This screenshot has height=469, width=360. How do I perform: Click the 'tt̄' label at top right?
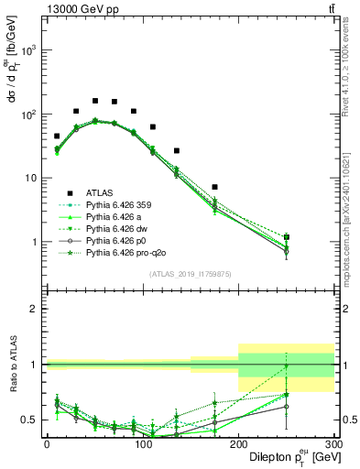[331, 8]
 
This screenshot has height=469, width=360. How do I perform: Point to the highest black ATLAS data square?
[95, 101]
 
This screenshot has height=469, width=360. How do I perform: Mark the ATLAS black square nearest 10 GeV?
[57, 136]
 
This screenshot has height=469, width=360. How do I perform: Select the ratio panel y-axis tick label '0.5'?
[29, 420]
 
